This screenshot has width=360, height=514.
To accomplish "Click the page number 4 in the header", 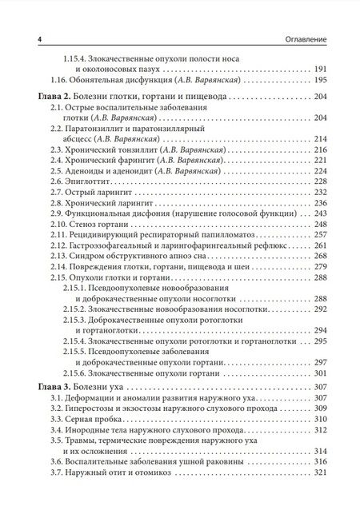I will pyautogui.click(x=28, y=38).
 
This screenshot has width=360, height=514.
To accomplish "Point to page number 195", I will pyautogui.click(x=322, y=82).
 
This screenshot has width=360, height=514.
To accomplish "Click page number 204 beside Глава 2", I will pyautogui.click(x=322, y=96).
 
